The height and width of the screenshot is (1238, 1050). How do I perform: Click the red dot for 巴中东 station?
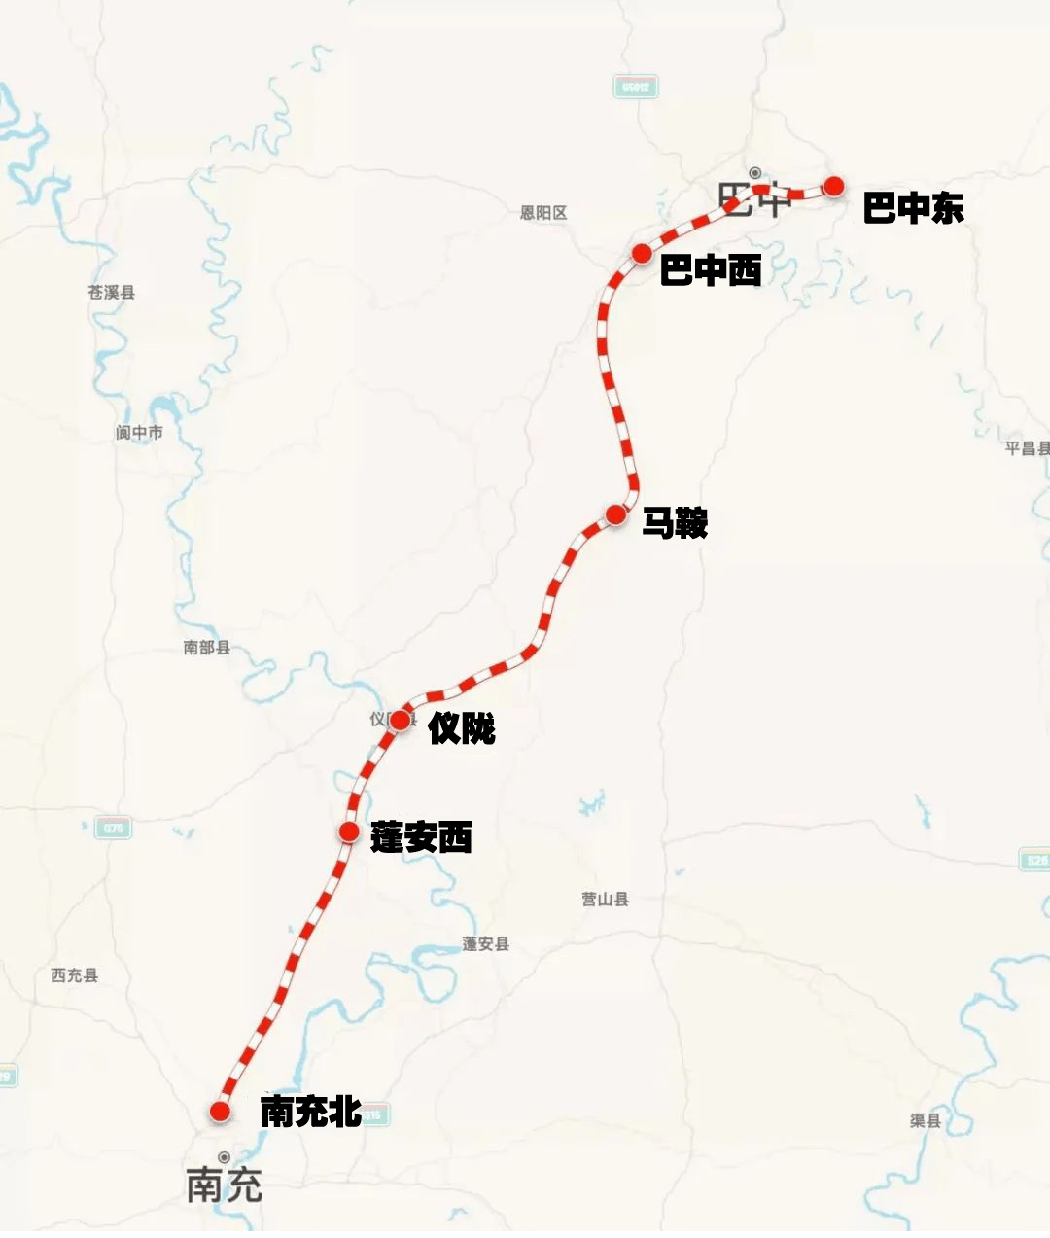tap(833, 187)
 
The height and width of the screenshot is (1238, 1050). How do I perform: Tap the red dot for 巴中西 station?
tap(642, 254)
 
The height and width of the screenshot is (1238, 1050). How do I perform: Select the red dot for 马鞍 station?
tap(615, 514)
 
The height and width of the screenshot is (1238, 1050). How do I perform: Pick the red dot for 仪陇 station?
tap(400, 721)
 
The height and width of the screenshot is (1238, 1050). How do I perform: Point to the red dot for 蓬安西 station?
tap(349, 831)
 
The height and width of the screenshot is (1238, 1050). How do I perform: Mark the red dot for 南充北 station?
tap(220, 1111)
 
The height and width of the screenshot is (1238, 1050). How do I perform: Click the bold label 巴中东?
tap(913, 208)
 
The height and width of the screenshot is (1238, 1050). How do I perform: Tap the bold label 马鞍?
tap(674, 523)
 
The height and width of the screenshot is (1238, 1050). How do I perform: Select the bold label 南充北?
tap(311, 1112)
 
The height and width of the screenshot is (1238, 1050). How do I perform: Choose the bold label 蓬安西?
tap(421, 837)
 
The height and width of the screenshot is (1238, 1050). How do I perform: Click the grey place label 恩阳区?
tap(543, 213)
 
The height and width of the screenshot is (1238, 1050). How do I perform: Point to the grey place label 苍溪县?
tap(112, 292)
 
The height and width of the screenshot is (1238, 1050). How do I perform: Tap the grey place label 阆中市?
tap(139, 433)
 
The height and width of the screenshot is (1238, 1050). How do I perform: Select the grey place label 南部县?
tap(206, 648)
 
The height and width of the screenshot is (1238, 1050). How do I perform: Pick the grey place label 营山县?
tap(605, 900)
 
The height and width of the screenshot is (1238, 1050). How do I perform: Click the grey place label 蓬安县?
tap(485, 944)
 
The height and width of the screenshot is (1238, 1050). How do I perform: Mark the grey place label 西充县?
tap(75, 975)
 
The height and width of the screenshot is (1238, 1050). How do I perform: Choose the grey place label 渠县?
tap(925, 1121)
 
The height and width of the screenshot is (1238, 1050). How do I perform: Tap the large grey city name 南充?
tap(225, 1185)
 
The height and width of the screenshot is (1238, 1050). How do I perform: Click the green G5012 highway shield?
tap(636, 88)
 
